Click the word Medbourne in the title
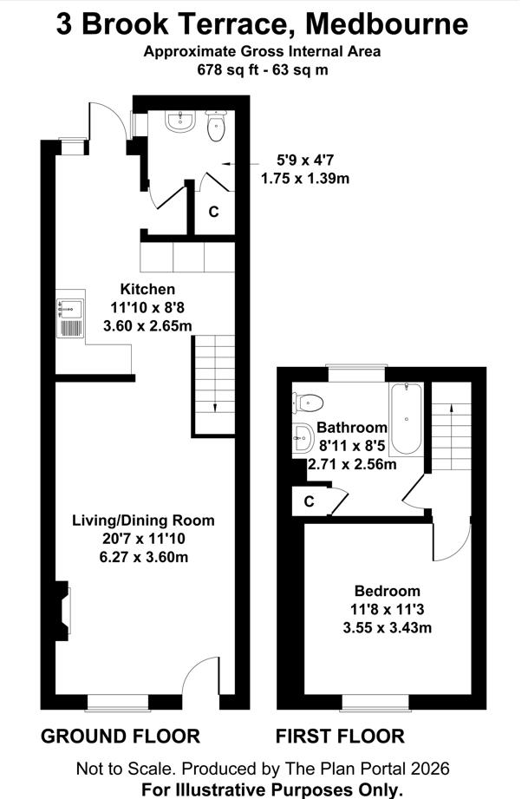coord(387,24)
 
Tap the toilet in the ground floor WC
coord(216,126)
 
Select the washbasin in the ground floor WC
coord(180,121)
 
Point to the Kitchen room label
coord(147,289)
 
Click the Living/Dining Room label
coord(143,521)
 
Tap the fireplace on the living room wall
coord(62,611)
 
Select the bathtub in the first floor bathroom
coord(406,419)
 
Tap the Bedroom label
coord(388,591)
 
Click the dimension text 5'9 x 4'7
coord(305,160)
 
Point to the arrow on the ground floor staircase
coord(214,407)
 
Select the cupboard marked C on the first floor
coord(309,502)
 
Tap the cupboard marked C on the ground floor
coord(214,212)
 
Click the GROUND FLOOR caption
coord(121,737)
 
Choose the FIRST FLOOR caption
coord(340,737)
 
